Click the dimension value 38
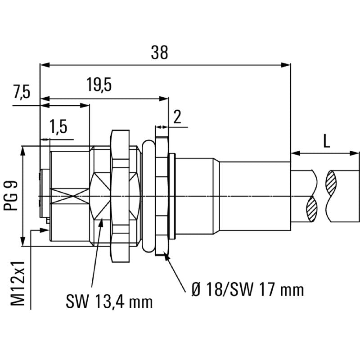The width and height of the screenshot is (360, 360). (x=159, y=53)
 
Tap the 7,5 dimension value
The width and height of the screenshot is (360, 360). (x=21, y=92)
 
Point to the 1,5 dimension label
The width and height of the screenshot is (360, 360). (x=58, y=127)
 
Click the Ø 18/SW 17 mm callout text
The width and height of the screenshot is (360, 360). (x=247, y=289)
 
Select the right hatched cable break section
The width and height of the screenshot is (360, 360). (x=332, y=182)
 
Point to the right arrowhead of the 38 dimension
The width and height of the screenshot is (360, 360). (x=287, y=65)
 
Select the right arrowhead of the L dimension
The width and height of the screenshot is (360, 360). (x=356, y=153)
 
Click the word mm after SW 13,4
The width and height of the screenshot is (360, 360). (x=140, y=301)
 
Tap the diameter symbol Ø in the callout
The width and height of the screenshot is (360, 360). (x=196, y=289)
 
